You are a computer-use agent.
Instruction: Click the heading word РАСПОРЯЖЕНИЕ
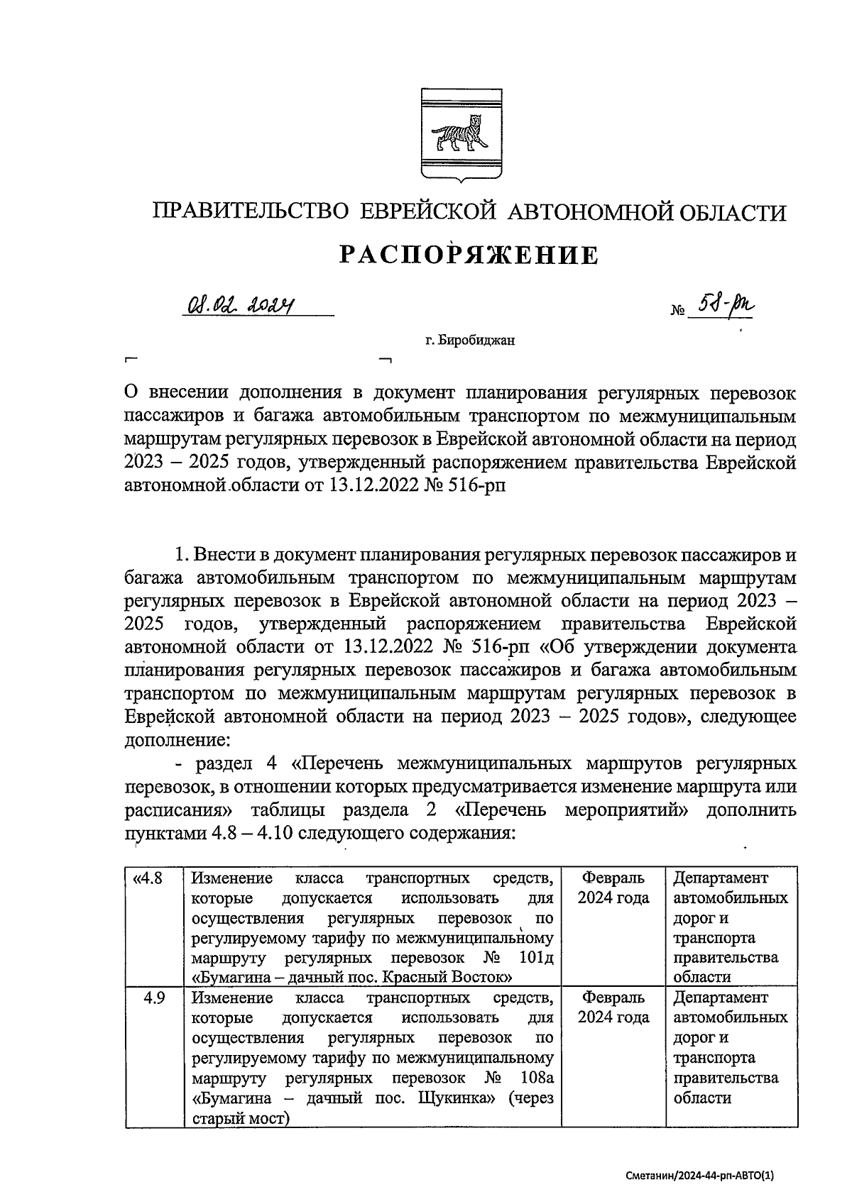[468, 255]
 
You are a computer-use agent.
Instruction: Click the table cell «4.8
[148, 878]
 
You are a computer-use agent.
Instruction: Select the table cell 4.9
[154, 998]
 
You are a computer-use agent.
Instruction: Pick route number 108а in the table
[536, 1078]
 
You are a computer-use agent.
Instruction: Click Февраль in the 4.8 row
[613, 878]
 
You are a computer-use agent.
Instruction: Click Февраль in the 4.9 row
[613, 998]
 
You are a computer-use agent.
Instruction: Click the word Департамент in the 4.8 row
[720, 878]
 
